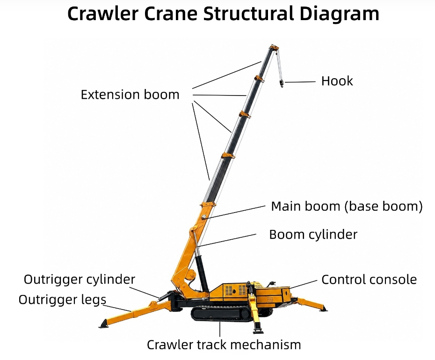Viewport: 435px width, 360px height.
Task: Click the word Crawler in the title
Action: click(102, 13)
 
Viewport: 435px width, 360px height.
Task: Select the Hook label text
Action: click(337, 81)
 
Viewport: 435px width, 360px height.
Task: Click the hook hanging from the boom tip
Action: click(281, 83)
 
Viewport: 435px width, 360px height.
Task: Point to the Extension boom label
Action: click(130, 95)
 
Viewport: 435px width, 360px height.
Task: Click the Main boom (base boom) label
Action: click(347, 206)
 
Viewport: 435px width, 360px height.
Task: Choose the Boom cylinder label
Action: click(313, 235)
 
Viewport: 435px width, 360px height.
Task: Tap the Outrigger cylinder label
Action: click(80, 279)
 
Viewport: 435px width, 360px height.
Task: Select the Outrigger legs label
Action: click(62, 300)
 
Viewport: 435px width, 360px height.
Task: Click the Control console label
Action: click(369, 280)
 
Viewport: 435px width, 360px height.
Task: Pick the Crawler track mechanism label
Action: click(224, 345)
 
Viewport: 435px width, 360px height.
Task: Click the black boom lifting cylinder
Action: click(202, 273)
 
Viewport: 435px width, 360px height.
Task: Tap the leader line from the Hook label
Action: click(300, 82)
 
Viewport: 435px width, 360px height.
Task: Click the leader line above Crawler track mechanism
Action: click(220, 329)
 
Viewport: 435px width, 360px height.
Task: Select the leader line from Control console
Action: click(303, 285)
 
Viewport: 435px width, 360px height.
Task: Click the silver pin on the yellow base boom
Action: click(204, 217)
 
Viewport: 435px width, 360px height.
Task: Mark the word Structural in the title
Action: click(248, 13)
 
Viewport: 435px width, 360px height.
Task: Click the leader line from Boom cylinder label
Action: click(227, 240)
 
